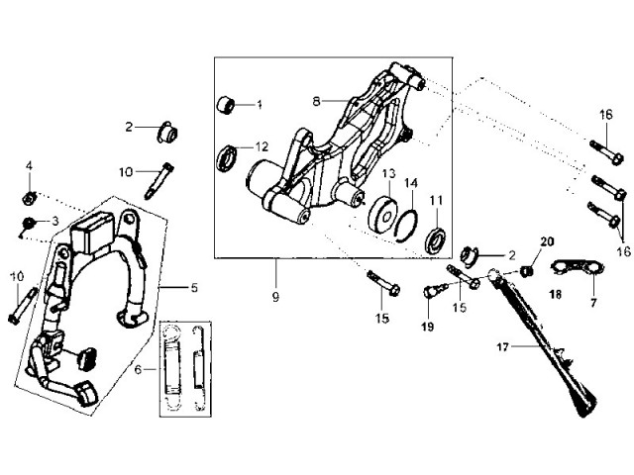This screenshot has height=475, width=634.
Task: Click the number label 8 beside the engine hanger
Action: tap(317, 101)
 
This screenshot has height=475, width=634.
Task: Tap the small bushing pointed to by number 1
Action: tap(227, 104)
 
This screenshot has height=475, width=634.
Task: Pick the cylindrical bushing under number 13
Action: tap(379, 212)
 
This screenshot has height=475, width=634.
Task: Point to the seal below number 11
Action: tap(435, 239)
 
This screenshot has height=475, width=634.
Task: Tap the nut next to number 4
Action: tap(30, 194)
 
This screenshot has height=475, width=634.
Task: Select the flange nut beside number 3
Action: tap(32, 223)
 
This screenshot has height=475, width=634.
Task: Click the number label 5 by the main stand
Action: tap(194, 288)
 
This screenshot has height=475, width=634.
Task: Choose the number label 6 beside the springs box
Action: tap(139, 368)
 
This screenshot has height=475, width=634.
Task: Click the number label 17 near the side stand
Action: tap(503, 348)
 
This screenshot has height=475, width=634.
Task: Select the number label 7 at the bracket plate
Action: tap(593, 295)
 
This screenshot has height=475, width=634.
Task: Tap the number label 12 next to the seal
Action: tap(262, 146)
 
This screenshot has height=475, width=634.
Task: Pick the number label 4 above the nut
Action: tap(30, 165)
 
